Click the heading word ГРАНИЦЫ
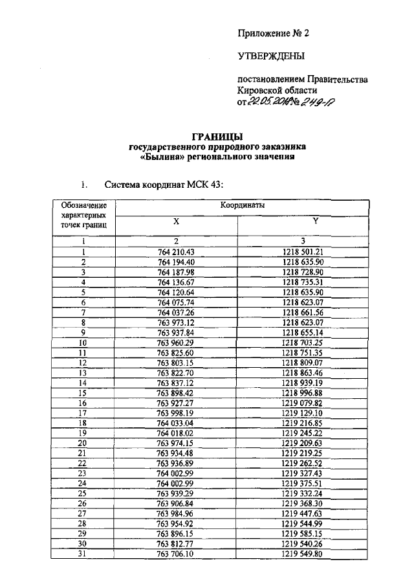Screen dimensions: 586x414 pos(217,137)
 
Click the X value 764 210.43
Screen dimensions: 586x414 pos(176,252)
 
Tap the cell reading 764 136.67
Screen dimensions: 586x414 pos(176,282)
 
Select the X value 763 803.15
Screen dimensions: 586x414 pos(176,363)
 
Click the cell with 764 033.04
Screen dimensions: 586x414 pos(176,422)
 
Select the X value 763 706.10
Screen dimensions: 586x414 pos(176,553)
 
